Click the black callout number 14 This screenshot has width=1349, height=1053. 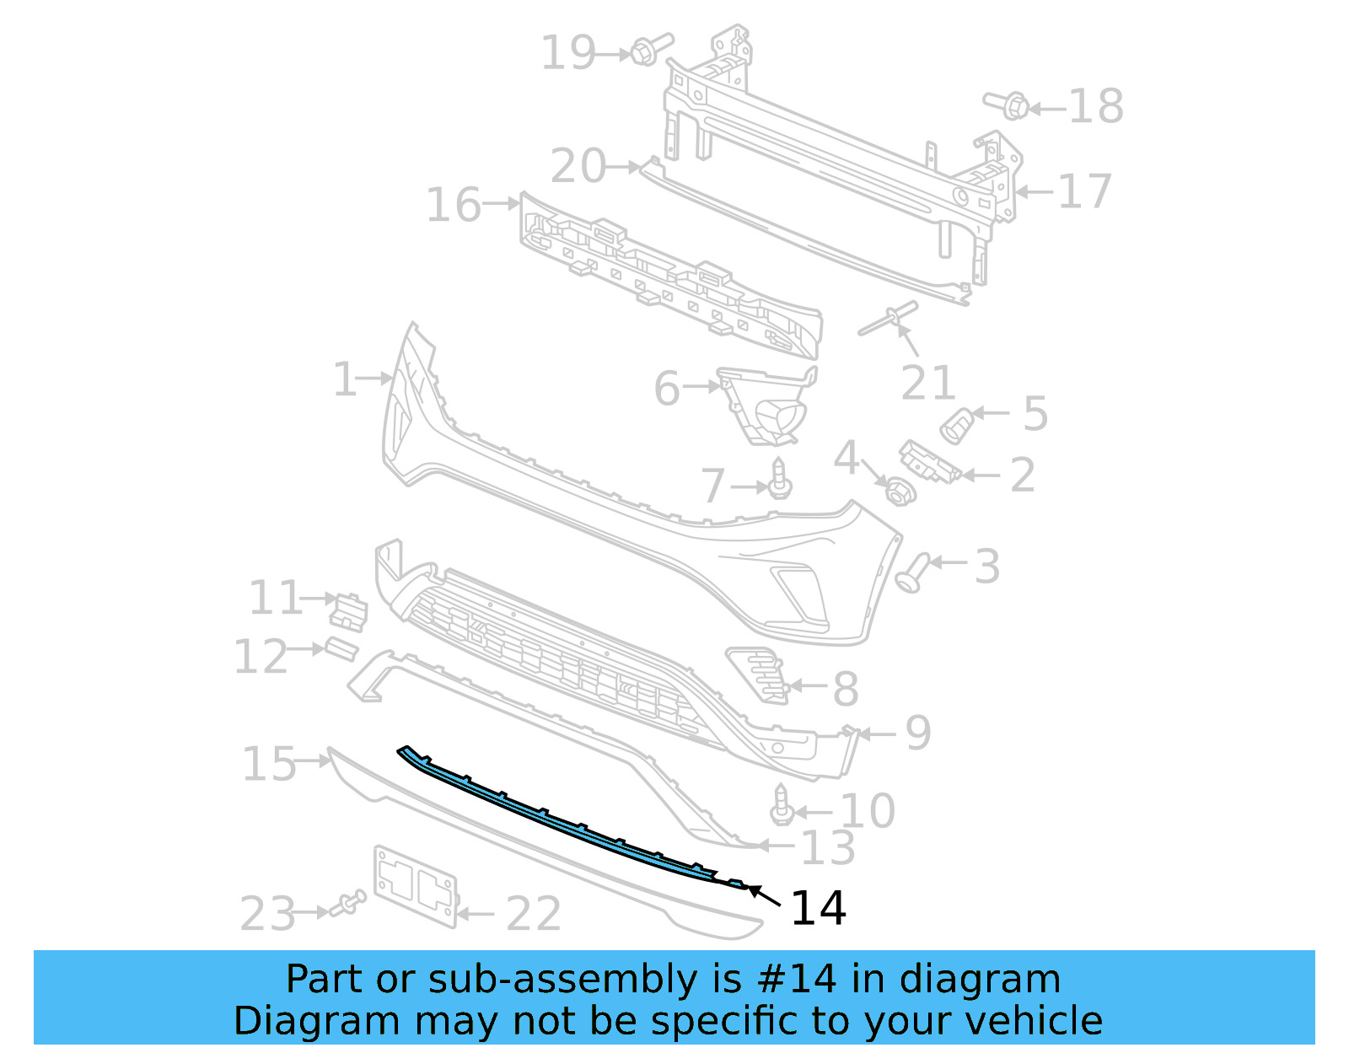[x=818, y=909]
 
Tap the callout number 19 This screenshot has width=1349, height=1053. [x=568, y=53]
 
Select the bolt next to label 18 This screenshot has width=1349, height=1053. [x=1009, y=105]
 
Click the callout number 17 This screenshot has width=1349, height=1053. [x=1084, y=191]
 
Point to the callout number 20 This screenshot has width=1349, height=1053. [x=578, y=166]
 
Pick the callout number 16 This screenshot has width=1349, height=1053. [x=454, y=205]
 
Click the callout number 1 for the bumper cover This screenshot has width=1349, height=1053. [x=344, y=379]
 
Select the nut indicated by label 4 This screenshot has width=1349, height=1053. [x=899, y=490]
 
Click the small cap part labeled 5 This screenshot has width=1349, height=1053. [x=956, y=424]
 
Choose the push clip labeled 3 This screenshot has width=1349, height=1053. [x=913, y=573]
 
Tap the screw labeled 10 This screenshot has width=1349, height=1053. [x=782, y=806]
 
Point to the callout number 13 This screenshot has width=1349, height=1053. [x=827, y=847]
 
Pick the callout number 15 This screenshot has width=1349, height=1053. [x=269, y=764]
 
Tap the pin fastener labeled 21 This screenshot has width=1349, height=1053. [x=888, y=319]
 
